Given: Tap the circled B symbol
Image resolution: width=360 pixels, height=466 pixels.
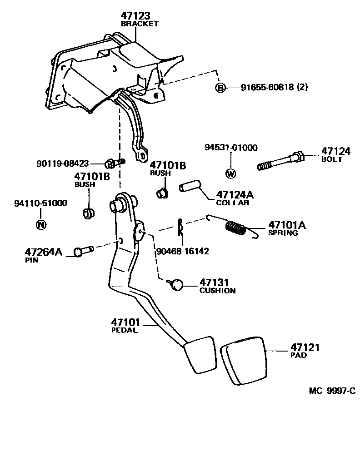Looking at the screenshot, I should [220, 88].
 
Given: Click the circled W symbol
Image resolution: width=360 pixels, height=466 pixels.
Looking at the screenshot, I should [230, 173].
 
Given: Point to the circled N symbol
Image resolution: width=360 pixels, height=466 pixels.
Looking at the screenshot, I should [41, 224].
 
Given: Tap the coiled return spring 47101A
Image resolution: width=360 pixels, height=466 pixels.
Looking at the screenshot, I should [236, 228].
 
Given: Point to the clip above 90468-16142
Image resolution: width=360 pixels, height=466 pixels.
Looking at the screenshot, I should [180, 227].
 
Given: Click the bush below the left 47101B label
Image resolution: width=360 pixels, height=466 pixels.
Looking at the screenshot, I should [88, 213].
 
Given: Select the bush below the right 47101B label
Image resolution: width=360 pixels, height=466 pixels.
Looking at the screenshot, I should [161, 193].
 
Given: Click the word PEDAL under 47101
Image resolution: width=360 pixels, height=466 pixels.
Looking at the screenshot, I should [124, 330].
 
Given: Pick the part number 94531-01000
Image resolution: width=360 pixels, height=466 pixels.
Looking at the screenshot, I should [231, 148].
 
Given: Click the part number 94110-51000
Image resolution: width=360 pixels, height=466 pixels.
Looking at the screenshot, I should [40, 203].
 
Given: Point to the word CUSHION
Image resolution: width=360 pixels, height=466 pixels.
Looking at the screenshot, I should [217, 291].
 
